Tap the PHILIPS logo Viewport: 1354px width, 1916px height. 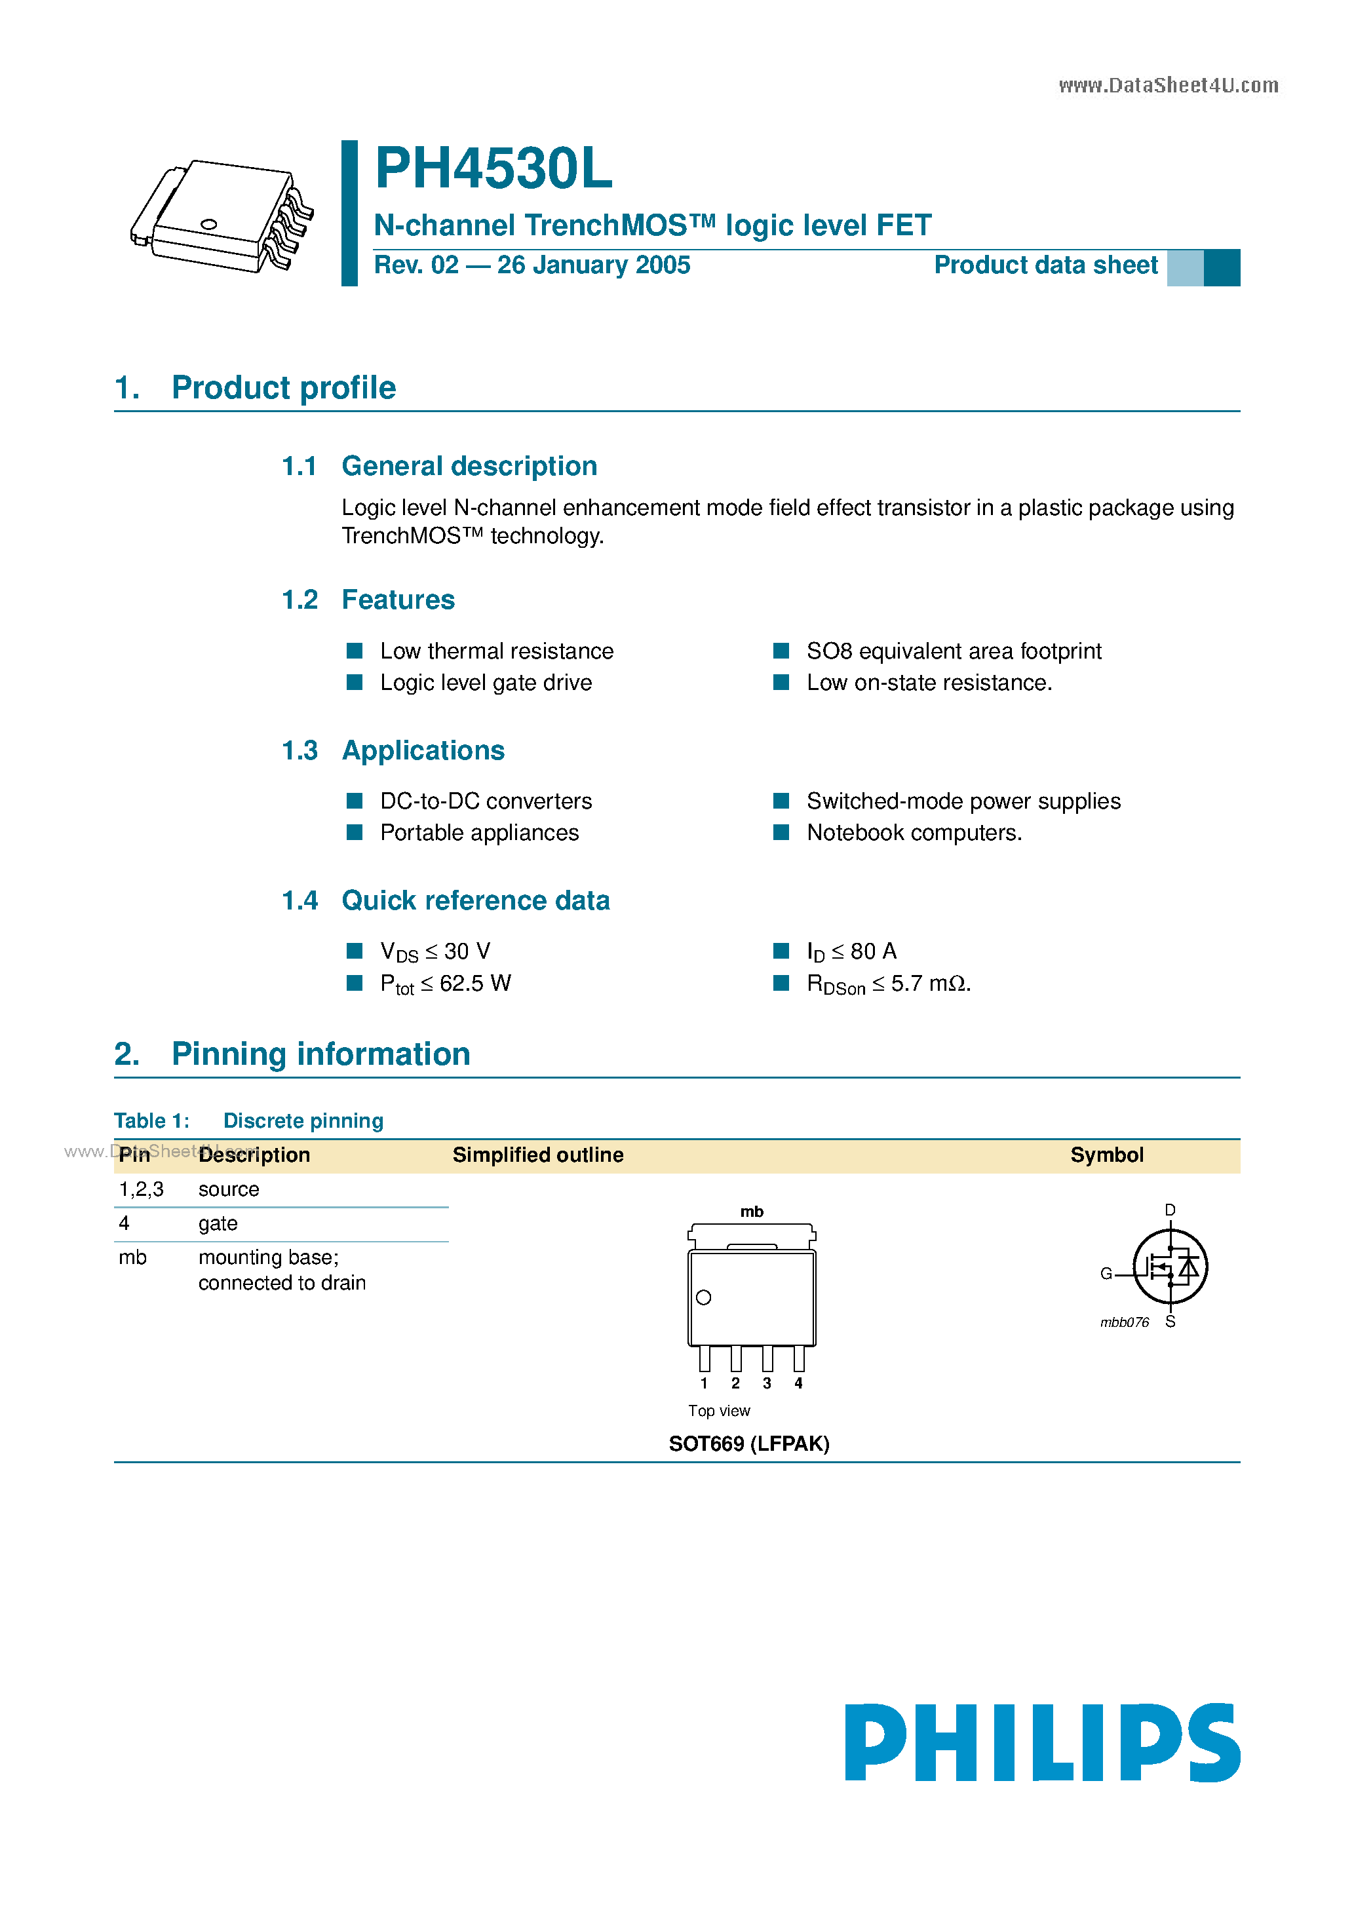tap(1042, 1742)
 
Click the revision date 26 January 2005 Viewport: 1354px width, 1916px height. tap(594, 265)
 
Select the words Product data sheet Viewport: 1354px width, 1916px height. tap(1045, 265)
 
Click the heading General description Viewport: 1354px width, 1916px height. tap(469, 467)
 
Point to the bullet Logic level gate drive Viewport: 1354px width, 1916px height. tap(486, 683)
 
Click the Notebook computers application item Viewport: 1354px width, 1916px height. tap(913, 833)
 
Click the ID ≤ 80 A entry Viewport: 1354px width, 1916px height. tap(851, 952)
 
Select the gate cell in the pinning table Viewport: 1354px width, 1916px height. tap(218, 1224)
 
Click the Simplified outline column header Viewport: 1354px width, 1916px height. tap(537, 1156)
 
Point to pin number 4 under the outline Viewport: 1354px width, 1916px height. tap(798, 1383)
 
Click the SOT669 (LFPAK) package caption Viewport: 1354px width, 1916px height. tap(749, 1444)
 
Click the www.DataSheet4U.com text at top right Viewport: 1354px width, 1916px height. tap(1168, 86)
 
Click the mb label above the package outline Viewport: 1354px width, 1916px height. tap(751, 1212)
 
